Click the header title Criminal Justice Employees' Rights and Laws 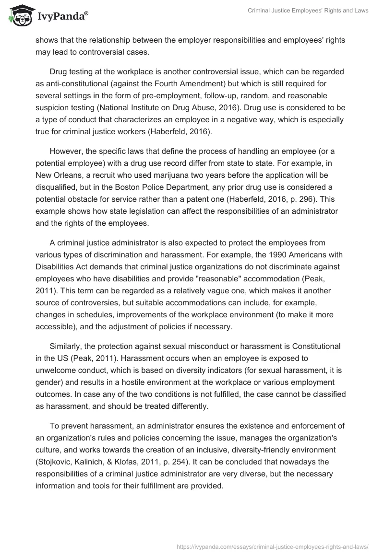308,11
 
